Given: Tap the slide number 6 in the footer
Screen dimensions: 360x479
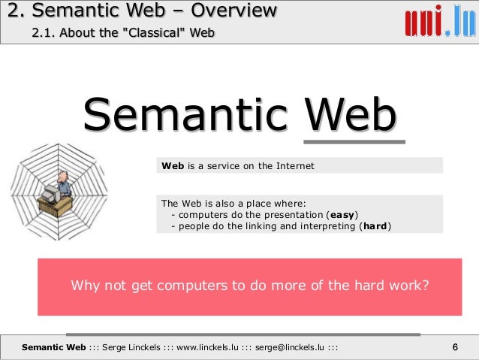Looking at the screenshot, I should tap(455, 346).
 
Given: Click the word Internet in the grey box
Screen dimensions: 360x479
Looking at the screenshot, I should tap(296, 165).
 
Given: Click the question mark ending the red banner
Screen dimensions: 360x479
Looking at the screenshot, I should tap(426, 286).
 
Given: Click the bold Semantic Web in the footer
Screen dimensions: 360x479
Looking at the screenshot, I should tap(54, 346).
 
